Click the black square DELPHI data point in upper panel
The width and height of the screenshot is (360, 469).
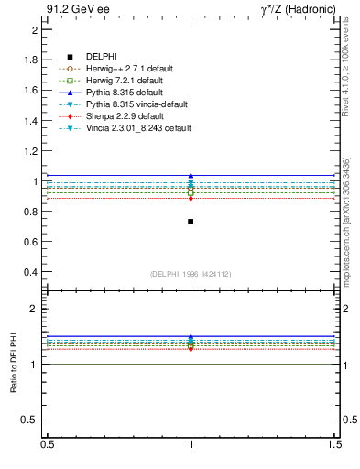tap(191, 222)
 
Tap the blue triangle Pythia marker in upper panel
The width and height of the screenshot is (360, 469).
tap(191, 175)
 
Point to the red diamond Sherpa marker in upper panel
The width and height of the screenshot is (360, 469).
tap(191, 198)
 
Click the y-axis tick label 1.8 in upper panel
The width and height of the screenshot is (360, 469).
tap(30, 60)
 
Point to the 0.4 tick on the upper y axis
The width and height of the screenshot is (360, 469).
tap(30, 272)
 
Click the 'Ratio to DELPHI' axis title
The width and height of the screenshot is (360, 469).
tap(14, 365)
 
